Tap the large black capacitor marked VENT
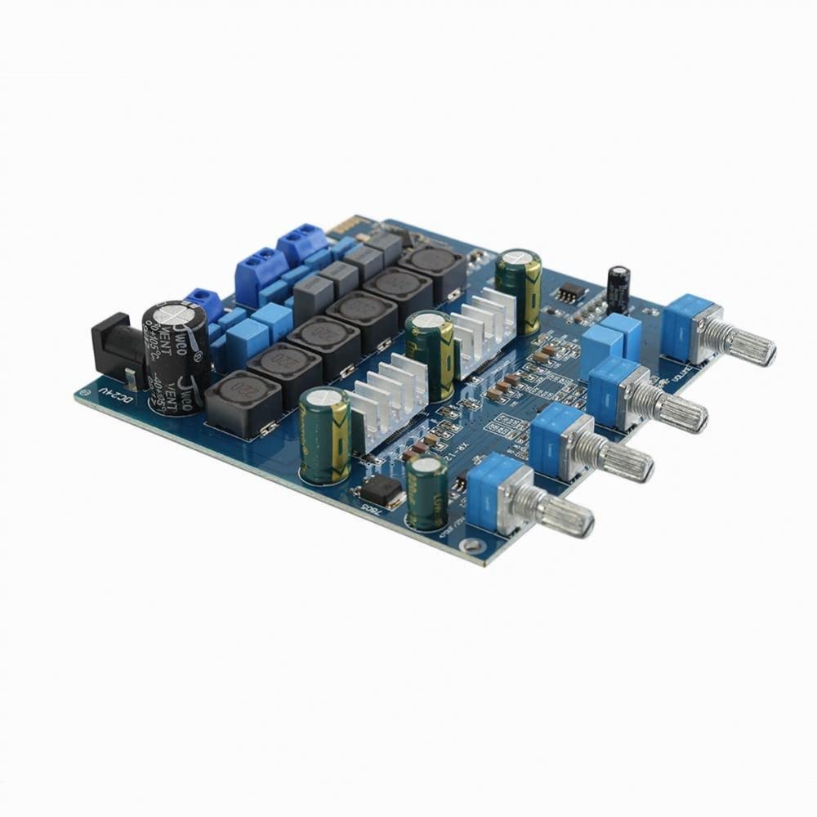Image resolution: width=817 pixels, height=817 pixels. [x=176, y=355]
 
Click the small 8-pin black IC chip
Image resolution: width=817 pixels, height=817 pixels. [x=570, y=293]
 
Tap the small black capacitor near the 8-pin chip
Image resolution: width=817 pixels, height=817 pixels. [x=618, y=288]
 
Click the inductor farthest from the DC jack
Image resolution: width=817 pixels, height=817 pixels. [x=430, y=266]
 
